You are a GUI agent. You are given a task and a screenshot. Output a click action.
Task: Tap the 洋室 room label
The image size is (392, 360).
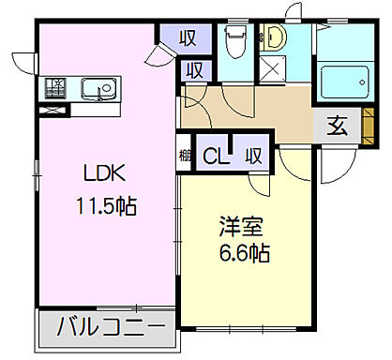coord(241,226)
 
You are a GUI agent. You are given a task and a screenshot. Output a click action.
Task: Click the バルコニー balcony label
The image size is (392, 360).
coord(106,328)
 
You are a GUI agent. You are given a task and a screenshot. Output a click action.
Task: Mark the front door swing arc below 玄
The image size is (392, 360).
coord(336,167)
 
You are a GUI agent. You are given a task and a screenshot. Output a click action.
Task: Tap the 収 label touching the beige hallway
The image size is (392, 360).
coord(195,68)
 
